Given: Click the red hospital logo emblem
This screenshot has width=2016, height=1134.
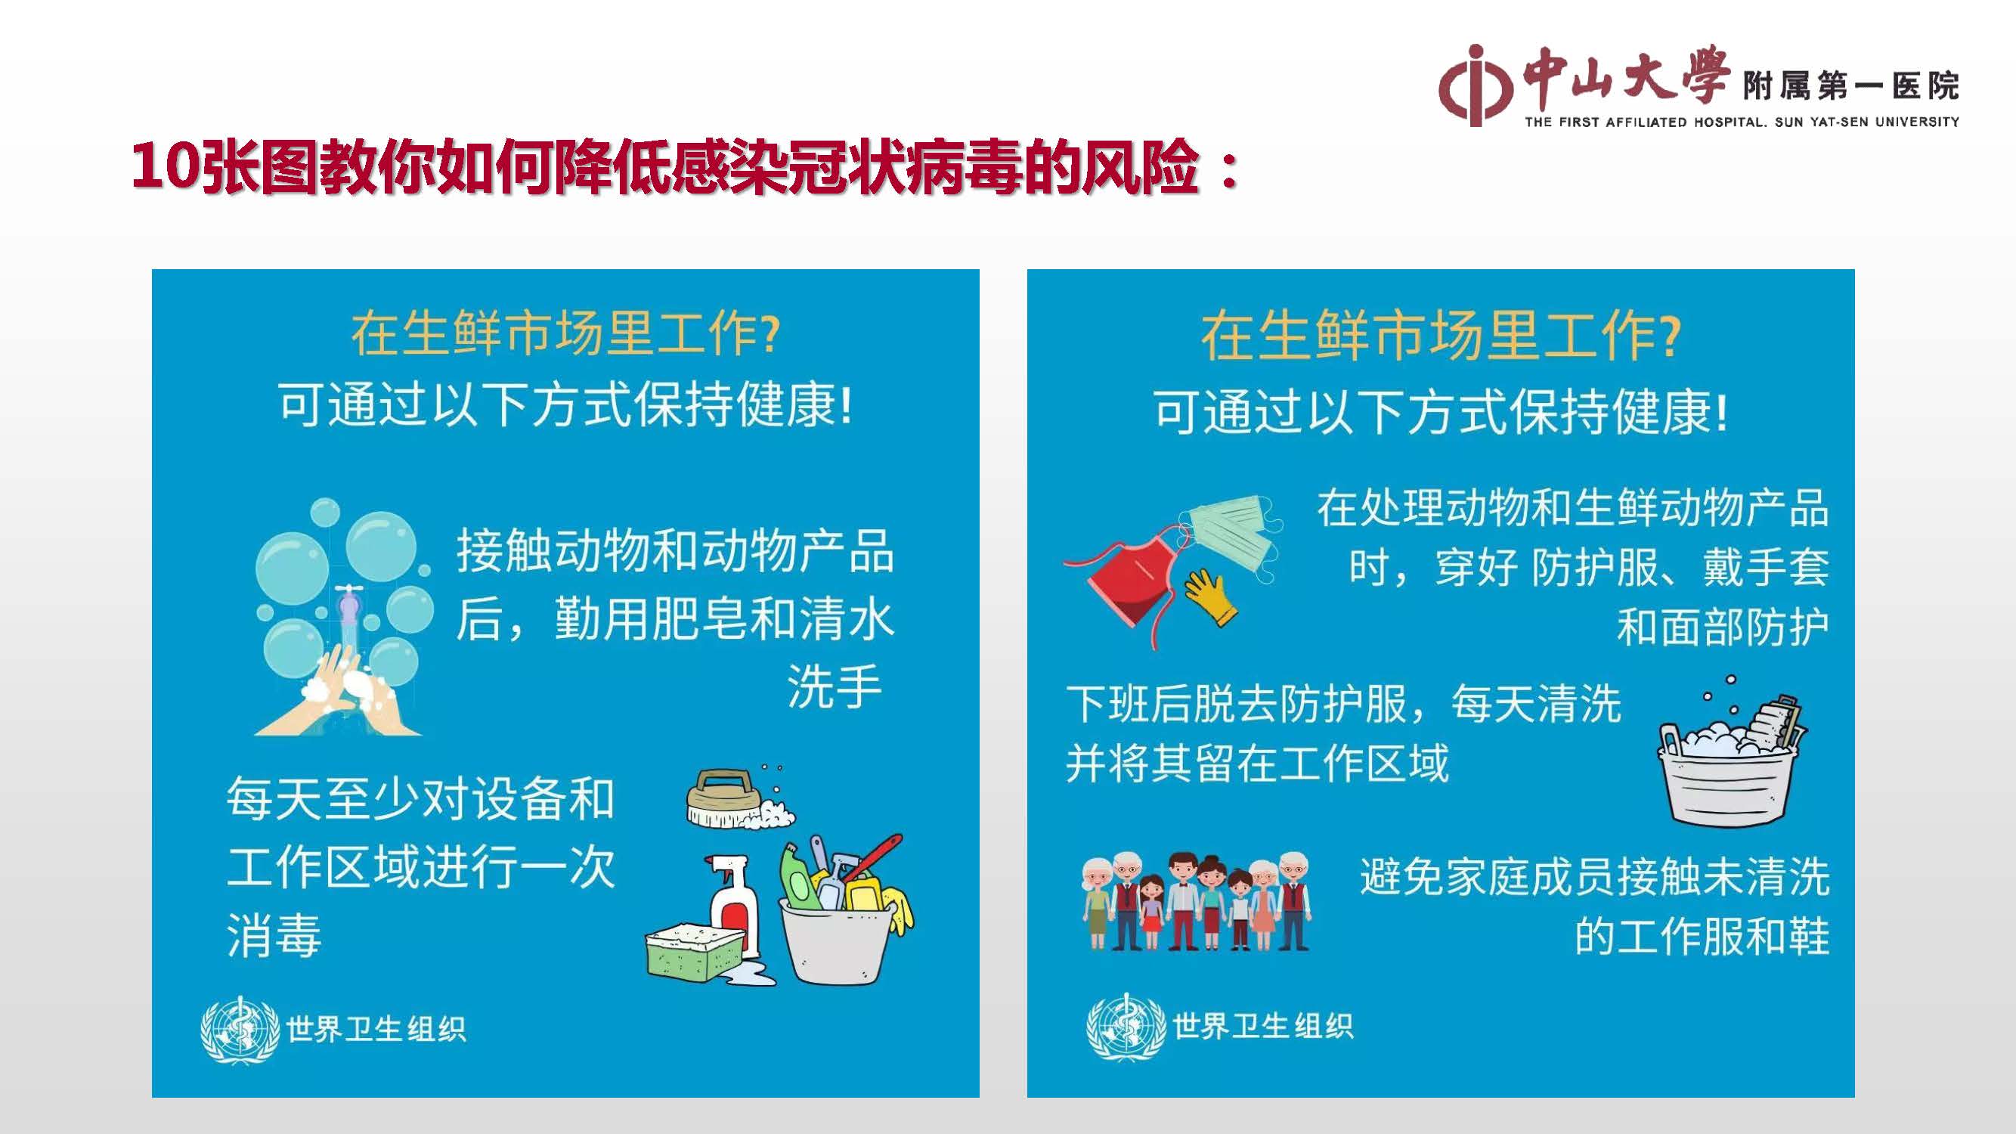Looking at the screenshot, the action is (x=1475, y=85).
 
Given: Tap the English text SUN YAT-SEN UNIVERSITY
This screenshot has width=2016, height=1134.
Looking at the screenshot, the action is (x=1867, y=122).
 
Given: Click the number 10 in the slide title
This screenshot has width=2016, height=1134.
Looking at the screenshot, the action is (x=163, y=168).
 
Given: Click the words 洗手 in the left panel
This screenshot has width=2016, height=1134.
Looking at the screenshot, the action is (x=835, y=686).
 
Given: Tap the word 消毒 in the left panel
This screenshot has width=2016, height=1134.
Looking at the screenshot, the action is (x=274, y=936).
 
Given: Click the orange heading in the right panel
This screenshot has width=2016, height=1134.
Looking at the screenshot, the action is (x=1441, y=336).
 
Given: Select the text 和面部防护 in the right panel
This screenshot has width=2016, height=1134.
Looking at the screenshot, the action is (x=1723, y=627).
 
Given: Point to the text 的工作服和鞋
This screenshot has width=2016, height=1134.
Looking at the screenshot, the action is (x=1702, y=936).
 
